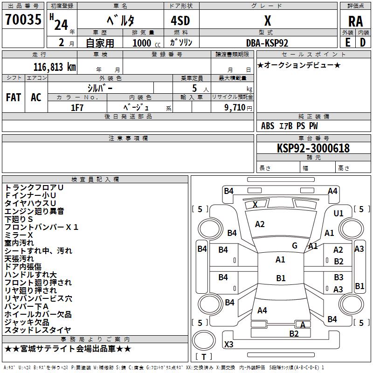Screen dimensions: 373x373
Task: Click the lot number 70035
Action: tap(23, 19)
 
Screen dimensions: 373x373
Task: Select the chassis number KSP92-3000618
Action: tap(313, 148)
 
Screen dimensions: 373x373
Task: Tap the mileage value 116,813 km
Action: tap(55, 67)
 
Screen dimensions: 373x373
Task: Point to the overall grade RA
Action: tap(355, 21)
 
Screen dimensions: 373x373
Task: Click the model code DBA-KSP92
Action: tap(267, 43)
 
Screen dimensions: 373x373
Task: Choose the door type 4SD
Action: tap(180, 21)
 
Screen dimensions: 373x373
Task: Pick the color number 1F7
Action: tap(77, 108)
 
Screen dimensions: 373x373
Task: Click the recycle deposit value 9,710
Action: tap(235, 108)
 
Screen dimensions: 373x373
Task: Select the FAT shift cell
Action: tap(14, 97)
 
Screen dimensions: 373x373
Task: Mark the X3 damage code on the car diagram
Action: tap(228, 344)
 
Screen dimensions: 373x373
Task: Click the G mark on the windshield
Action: tap(295, 246)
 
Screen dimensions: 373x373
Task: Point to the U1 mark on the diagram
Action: tap(338, 214)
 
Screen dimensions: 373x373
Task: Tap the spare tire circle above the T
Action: tap(204, 340)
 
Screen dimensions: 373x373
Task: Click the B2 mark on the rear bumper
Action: tap(294, 334)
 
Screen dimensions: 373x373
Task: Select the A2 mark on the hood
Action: tap(260, 224)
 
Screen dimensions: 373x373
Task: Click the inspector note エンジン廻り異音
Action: tap(34, 211)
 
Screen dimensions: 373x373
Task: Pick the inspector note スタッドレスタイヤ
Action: tap(38, 330)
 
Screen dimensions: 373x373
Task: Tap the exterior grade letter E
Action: tap(348, 42)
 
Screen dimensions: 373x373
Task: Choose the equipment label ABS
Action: tap(268, 126)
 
